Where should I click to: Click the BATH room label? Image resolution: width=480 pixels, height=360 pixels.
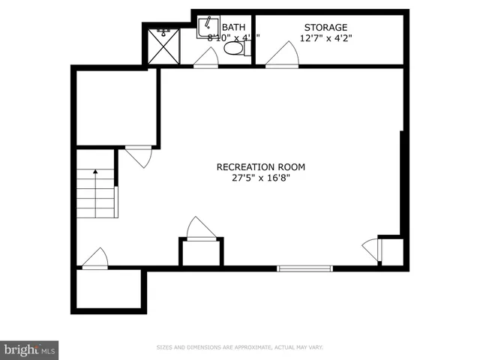coord(232,27)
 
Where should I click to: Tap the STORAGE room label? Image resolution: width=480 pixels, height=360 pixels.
coord(325,27)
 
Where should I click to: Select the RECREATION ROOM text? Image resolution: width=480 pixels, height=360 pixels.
coord(260,167)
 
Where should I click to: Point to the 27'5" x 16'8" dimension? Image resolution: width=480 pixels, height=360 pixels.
coord(260,178)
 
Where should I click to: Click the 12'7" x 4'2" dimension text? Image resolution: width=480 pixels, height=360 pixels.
coord(325,37)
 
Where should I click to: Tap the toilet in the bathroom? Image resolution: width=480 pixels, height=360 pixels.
coord(234,49)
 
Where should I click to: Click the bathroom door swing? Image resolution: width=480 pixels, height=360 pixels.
coord(207,58)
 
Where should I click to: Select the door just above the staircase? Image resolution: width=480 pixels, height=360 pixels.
coord(139,155)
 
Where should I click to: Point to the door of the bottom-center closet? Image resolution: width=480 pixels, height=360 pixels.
coord(200,229)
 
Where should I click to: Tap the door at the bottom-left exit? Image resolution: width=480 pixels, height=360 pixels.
coord(95,258)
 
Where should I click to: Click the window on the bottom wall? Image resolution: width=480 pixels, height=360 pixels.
coord(304,268)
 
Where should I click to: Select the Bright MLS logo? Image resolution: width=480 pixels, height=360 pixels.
coord(30,349)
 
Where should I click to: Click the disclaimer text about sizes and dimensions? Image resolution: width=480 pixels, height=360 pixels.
coord(239,348)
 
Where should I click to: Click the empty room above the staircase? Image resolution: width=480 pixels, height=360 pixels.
coord(116,106)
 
